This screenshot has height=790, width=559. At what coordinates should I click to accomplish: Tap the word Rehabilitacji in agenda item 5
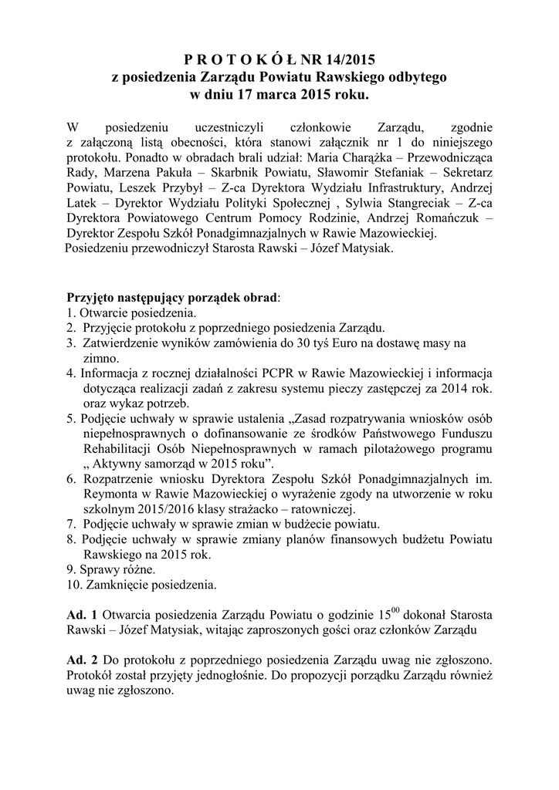(117, 449)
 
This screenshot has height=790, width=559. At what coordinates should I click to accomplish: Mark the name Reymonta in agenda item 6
(109, 494)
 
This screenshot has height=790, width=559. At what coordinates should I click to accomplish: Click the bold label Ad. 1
(81, 616)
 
